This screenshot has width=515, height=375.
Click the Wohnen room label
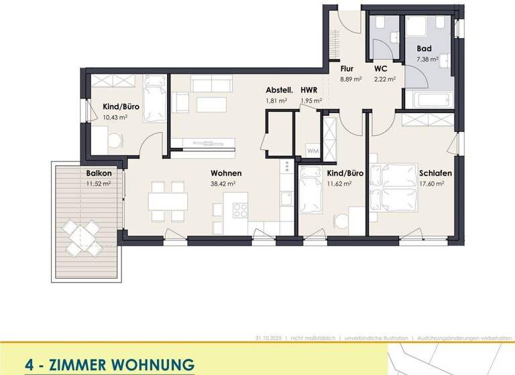[225, 173]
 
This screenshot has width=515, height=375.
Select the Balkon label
[98, 173]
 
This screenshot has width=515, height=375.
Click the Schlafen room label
[435, 173]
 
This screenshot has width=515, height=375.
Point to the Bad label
[424, 49]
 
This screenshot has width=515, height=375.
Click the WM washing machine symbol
[312, 151]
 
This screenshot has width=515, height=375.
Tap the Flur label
[347, 69]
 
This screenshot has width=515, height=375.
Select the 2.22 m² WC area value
[385, 79]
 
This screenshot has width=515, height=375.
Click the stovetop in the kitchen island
[239, 209]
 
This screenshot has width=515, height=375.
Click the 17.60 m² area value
[432, 183]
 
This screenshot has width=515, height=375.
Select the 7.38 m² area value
[427, 59]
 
